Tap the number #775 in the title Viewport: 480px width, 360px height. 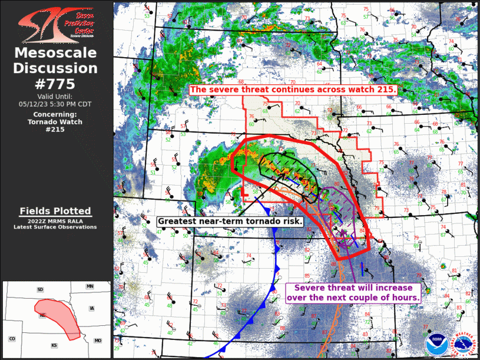pyautogui.click(x=55, y=83)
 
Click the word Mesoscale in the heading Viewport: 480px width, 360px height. pyautogui.click(x=55, y=54)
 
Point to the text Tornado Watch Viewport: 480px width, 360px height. pyautogui.click(x=55, y=122)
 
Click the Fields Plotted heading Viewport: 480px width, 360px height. pyautogui.click(x=55, y=211)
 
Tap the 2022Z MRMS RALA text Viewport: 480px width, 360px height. pyautogui.click(x=55, y=220)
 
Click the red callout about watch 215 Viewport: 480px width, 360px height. pyautogui.click(x=293, y=90)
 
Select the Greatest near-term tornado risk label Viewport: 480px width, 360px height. pyautogui.click(x=230, y=221)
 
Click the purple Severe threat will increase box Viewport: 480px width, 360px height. pyautogui.click(x=353, y=293)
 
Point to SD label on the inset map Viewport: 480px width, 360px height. pyautogui.click(x=40, y=289)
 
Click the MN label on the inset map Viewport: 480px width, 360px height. pyautogui.click(x=90, y=286)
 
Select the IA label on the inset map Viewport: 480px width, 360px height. pyautogui.click(x=91, y=308)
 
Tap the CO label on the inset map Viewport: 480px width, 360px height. pyautogui.click(x=12, y=339)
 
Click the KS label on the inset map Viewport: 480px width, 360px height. pyautogui.click(x=54, y=345)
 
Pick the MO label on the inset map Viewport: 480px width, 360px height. pyautogui.click(x=97, y=341)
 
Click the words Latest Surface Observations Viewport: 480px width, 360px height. pyautogui.click(x=55, y=227)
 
